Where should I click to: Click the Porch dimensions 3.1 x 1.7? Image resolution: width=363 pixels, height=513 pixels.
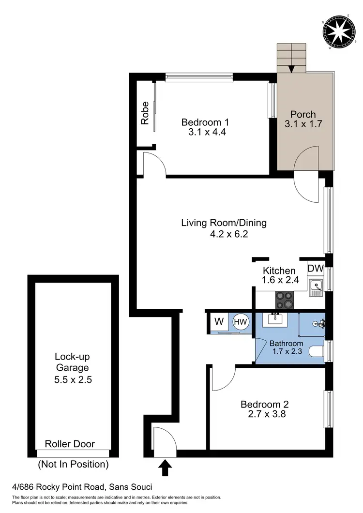(303, 124)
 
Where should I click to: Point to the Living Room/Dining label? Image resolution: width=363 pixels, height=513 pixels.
(224, 223)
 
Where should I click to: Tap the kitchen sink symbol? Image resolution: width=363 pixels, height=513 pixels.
(316, 287)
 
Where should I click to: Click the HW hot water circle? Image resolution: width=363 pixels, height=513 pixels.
(240, 320)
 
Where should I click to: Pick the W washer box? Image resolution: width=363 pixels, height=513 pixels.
(218, 320)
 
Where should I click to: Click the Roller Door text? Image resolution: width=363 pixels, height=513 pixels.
(70, 444)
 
